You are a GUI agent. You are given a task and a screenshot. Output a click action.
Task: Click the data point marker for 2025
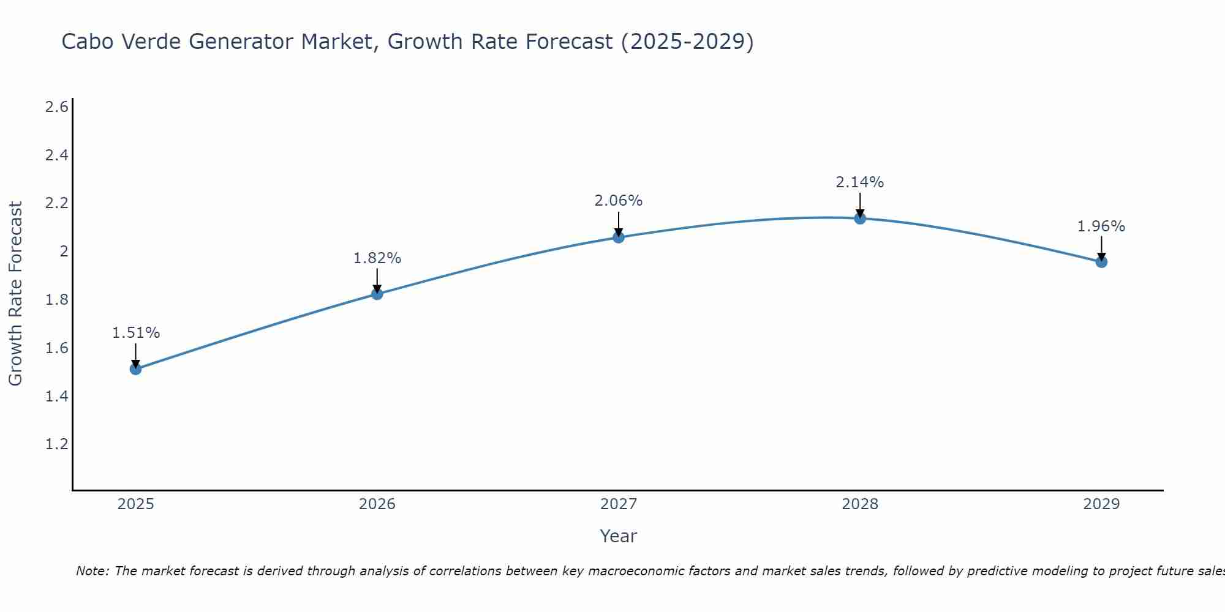[x=136, y=369]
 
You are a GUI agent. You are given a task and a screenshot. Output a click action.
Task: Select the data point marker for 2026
[x=377, y=294]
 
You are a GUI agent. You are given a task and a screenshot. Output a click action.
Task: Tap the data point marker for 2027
[x=619, y=237]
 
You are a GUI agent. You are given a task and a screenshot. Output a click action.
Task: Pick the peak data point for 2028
[x=860, y=218]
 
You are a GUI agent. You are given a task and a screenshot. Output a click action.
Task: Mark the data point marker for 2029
[x=1101, y=262]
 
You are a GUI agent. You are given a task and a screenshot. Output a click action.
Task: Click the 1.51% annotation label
[x=136, y=333]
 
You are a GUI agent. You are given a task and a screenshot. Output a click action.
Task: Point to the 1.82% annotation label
[x=377, y=258]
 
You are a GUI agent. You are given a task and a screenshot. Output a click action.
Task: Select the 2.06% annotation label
[x=619, y=201]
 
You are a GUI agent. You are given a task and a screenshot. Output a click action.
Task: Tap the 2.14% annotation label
[x=860, y=182]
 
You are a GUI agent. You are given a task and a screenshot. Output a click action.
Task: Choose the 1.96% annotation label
[x=1101, y=226]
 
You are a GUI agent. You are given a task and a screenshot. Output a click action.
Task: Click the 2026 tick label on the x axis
[x=377, y=504]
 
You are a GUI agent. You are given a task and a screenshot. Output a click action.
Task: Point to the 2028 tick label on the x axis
[x=860, y=504]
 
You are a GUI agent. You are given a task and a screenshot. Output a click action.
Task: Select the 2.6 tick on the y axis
[x=57, y=108]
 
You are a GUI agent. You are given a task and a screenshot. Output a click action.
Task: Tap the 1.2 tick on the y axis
[x=57, y=444]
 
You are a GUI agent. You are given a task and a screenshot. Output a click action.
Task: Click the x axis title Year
[x=619, y=536]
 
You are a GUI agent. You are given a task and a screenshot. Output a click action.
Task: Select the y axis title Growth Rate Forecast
[x=15, y=294]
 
